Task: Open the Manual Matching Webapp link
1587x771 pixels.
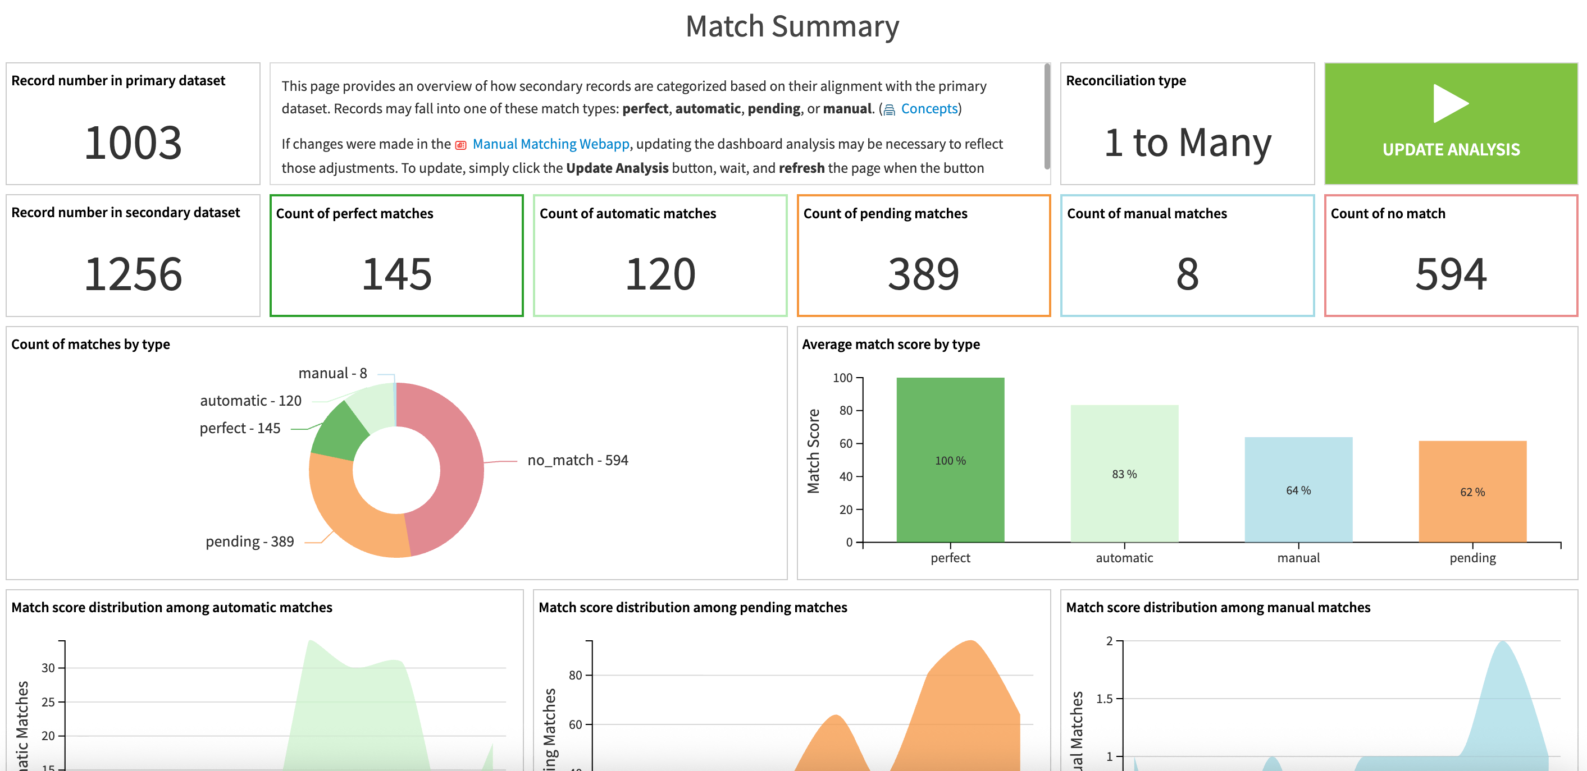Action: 550,144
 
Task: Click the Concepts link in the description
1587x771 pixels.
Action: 928,109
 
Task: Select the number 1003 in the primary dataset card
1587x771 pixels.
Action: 133,143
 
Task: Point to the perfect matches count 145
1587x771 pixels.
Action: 396,274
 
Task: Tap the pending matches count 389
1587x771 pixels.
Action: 923,274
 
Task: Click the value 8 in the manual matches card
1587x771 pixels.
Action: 1187,274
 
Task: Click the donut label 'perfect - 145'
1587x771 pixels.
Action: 240,428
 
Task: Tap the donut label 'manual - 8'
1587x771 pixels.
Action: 332,373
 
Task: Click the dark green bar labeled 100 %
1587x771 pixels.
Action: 950,460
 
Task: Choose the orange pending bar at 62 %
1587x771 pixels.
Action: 1472,492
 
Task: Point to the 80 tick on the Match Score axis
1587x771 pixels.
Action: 845,411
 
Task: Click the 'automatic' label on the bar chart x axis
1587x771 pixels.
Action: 1124,558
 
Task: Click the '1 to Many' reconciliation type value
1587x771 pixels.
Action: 1187,143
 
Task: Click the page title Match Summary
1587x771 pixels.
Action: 792,26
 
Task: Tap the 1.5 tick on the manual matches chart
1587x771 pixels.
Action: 1104,699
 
